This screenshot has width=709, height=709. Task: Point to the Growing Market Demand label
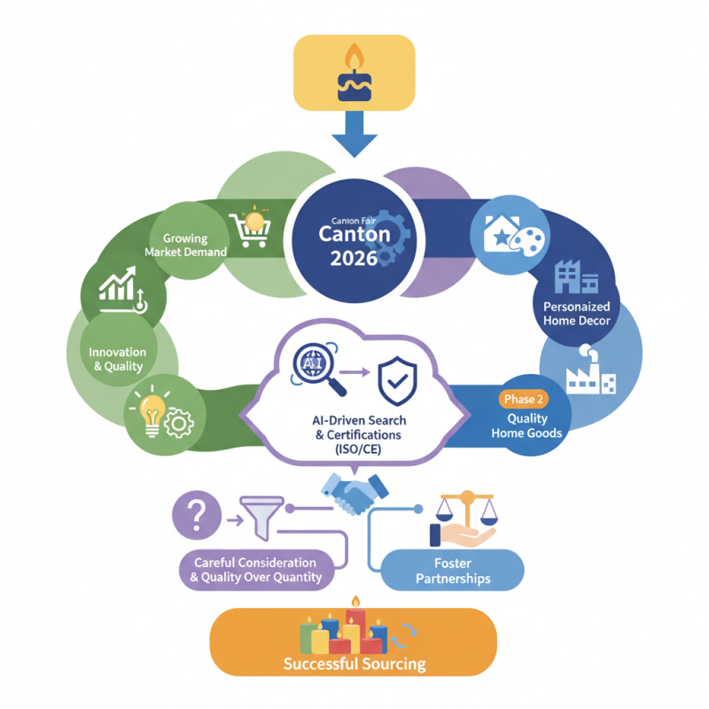coord(186,245)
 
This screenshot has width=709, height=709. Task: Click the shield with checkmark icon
coord(397,381)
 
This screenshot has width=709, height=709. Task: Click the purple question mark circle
coord(199,515)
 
